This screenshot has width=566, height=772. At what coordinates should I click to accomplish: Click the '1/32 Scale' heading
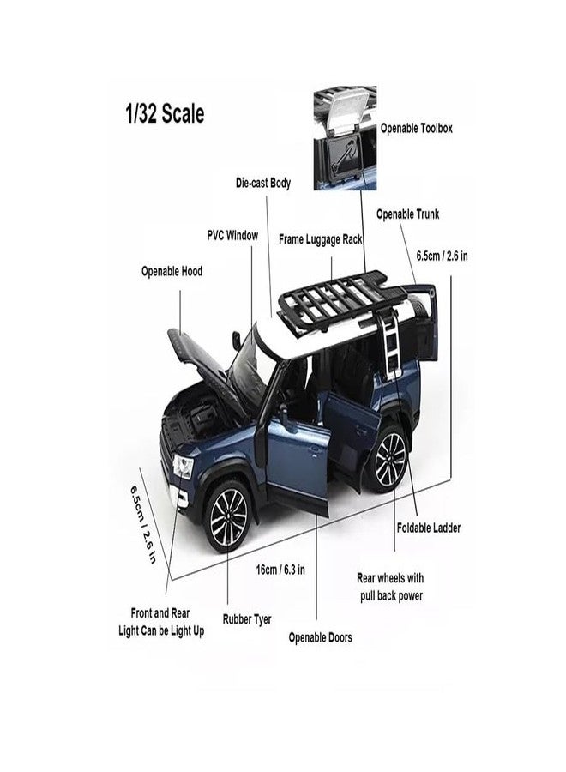click(x=165, y=114)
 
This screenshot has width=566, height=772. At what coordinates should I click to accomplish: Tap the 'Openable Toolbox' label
click(x=417, y=129)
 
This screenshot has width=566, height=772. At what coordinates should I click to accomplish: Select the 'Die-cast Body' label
click(x=263, y=184)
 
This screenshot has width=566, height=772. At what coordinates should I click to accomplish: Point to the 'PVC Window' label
click(x=232, y=235)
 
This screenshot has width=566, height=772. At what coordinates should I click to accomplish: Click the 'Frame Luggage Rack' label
click(x=321, y=239)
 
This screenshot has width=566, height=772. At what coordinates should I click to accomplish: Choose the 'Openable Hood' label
click(x=172, y=271)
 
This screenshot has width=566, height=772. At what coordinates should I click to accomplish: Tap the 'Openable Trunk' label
click(x=407, y=214)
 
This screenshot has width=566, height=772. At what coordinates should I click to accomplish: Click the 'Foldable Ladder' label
click(x=429, y=528)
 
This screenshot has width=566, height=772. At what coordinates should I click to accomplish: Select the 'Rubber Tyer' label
click(x=247, y=619)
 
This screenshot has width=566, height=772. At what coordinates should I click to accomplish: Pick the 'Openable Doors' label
click(x=321, y=637)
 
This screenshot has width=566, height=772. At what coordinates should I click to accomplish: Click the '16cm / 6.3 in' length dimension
click(x=280, y=570)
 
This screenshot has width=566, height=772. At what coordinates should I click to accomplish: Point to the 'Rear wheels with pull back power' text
click(x=391, y=587)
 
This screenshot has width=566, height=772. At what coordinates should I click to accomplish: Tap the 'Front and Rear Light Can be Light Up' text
click(x=161, y=622)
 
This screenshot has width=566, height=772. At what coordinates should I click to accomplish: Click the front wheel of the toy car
click(x=228, y=516)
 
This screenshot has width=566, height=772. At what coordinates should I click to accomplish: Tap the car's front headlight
click(x=182, y=467)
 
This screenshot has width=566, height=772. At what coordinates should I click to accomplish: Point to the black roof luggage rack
click(x=344, y=298)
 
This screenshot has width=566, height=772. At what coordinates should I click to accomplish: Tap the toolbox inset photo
click(x=345, y=138)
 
